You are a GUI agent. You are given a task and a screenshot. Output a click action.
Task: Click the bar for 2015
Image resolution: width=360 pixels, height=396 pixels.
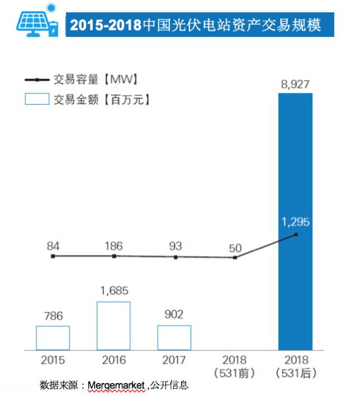click(53, 337)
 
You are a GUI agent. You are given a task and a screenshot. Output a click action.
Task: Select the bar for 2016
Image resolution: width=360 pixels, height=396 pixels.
click(114, 326)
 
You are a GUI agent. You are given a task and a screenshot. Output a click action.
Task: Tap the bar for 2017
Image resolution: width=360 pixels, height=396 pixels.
click(174, 337)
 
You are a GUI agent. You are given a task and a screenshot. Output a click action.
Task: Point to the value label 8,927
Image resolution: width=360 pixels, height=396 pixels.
click(295, 84)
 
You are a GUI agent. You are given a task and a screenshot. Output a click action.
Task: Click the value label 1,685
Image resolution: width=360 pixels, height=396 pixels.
click(114, 291)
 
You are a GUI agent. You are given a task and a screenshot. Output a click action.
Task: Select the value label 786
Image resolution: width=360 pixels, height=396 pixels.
click(52, 315)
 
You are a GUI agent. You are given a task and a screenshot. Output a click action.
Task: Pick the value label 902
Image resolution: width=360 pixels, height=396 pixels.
click(174, 314)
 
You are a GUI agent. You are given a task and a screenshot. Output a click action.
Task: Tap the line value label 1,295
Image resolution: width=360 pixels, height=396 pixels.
click(295, 221)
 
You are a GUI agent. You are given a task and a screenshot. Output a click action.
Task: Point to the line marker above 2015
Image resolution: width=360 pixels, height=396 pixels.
click(53, 256)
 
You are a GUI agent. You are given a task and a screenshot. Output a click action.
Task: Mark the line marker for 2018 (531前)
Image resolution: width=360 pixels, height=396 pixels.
click(235, 258)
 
